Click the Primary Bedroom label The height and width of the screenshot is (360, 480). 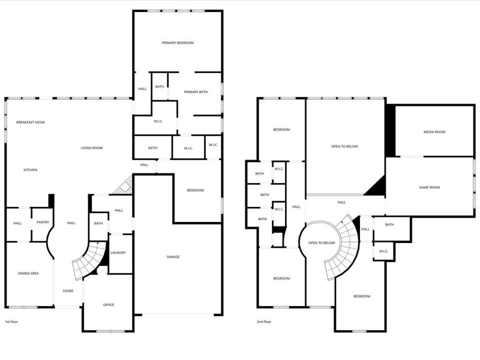pyautogui.click(x=178, y=43)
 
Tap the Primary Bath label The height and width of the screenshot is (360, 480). pyautogui.click(x=196, y=92)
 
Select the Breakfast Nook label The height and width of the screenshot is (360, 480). pyautogui.click(x=31, y=122)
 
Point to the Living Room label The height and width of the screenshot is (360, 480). pyautogui.click(x=92, y=148)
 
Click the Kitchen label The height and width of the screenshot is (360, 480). pyautogui.click(x=31, y=170)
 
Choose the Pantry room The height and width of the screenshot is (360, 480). pyautogui.click(x=43, y=222)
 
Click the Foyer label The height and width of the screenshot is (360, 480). pyautogui.click(x=68, y=291)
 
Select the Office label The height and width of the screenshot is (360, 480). pyautogui.click(x=109, y=305)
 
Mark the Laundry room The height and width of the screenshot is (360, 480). pyautogui.click(x=119, y=253)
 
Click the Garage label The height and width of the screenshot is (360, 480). pyautogui.click(x=173, y=257)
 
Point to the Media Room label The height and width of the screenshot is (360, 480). pyautogui.click(x=434, y=132)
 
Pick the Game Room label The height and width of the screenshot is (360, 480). pyautogui.click(x=430, y=187)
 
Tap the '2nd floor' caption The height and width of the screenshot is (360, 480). pyautogui.click(x=264, y=322)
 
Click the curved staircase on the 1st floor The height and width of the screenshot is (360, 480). pyautogui.click(x=84, y=262)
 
